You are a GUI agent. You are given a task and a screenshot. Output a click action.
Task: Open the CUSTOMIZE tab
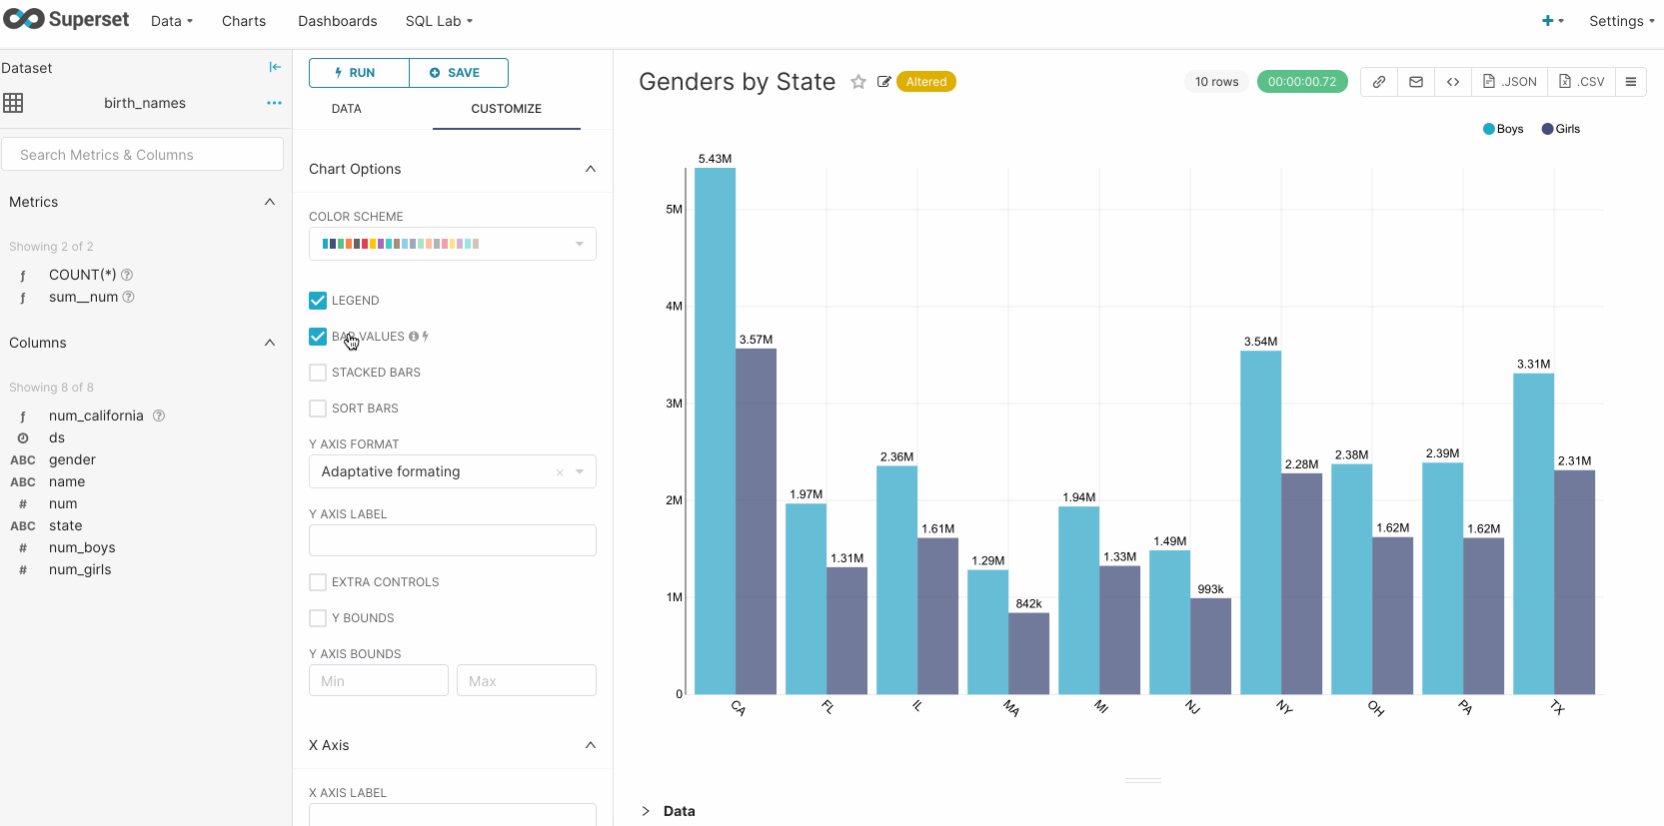click(x=506, y=109)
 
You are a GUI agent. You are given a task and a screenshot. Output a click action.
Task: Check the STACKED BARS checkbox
click(x=318, y=373)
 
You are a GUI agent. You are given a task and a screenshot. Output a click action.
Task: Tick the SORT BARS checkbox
click(x=318, y=409)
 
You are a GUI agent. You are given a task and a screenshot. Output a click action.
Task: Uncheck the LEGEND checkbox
click(x=318, y=301)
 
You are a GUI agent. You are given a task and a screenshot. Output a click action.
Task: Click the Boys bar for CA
click(x=715, y=429)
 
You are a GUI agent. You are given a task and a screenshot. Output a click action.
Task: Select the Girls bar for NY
click(x=1301, y=584)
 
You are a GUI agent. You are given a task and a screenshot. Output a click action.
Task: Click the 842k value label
click(x=1028, y=603)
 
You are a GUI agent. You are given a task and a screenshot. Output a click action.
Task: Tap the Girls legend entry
click(x=1561, y=129)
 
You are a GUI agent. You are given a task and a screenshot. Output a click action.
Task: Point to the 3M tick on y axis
click(x=674, y=404)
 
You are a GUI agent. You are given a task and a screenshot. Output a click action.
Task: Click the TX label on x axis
click(x=1557, y=708)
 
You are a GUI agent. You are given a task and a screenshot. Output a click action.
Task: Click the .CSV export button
click(x=1582, y=82)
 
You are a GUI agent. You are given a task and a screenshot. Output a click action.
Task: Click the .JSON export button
click(x=1509, y=82)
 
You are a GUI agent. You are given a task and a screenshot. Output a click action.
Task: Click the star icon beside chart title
click(x=857, y=82)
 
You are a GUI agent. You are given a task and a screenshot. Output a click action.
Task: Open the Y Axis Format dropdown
click(x=452, y=471)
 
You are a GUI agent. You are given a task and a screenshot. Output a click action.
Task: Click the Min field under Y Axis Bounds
click(x=378, y=681)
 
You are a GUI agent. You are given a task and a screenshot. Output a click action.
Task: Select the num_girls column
click(x=80, y=570)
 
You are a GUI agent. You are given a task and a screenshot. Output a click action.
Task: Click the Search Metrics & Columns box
click(x=142, y=155)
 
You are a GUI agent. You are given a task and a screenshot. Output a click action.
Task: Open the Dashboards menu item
click(x=337, y=21)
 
